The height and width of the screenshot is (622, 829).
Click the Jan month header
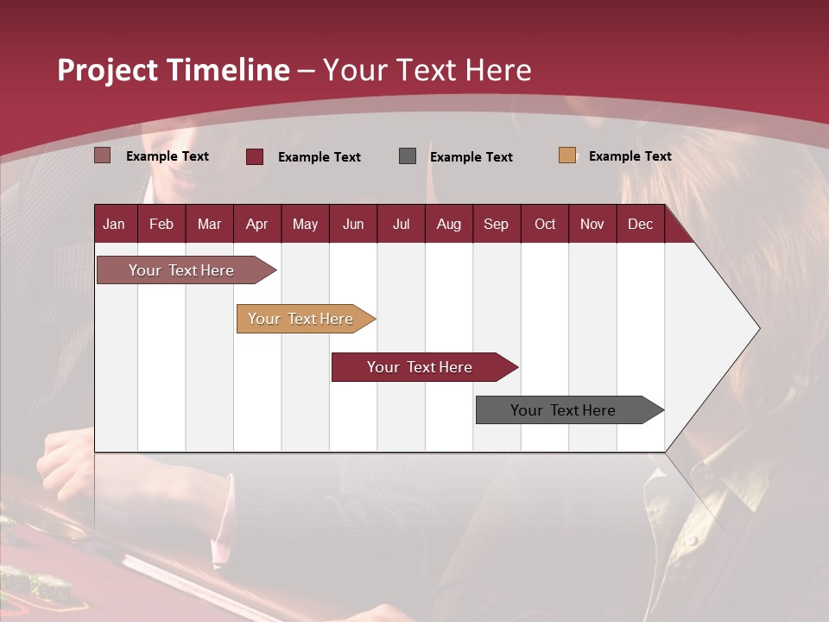point(114,225)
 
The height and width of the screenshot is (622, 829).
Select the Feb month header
point(161,225)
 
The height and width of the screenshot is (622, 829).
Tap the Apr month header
point(256,225)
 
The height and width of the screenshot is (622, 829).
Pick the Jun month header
point(353,225)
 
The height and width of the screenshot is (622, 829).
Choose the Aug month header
point(448,225)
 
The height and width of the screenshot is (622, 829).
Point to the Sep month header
point(496,225)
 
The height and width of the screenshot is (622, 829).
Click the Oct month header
point(545,225)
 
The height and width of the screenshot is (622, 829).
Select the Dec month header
point(640,225)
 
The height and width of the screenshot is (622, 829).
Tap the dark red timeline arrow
point(421,367)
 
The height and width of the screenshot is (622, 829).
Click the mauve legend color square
point(103,155)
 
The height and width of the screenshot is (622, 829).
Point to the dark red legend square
point(255,156)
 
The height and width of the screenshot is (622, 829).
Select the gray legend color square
point(408,156)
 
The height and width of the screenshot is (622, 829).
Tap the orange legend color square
point(567,155)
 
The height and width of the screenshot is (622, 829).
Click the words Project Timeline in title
point(174,70)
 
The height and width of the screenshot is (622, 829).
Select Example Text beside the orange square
point(630,156)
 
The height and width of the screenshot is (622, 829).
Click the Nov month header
point(592,225)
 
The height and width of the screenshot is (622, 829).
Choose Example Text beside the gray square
point(471,157)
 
